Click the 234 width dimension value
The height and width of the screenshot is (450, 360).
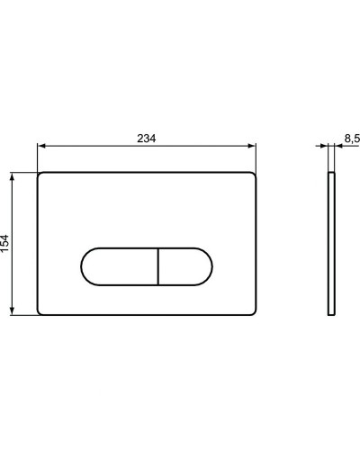click(147, 138)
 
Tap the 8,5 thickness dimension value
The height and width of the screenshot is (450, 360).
click(351, 139)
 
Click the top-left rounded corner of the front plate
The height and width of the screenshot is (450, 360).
click(41, 175)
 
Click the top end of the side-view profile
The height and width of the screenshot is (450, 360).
click(333, 171)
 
